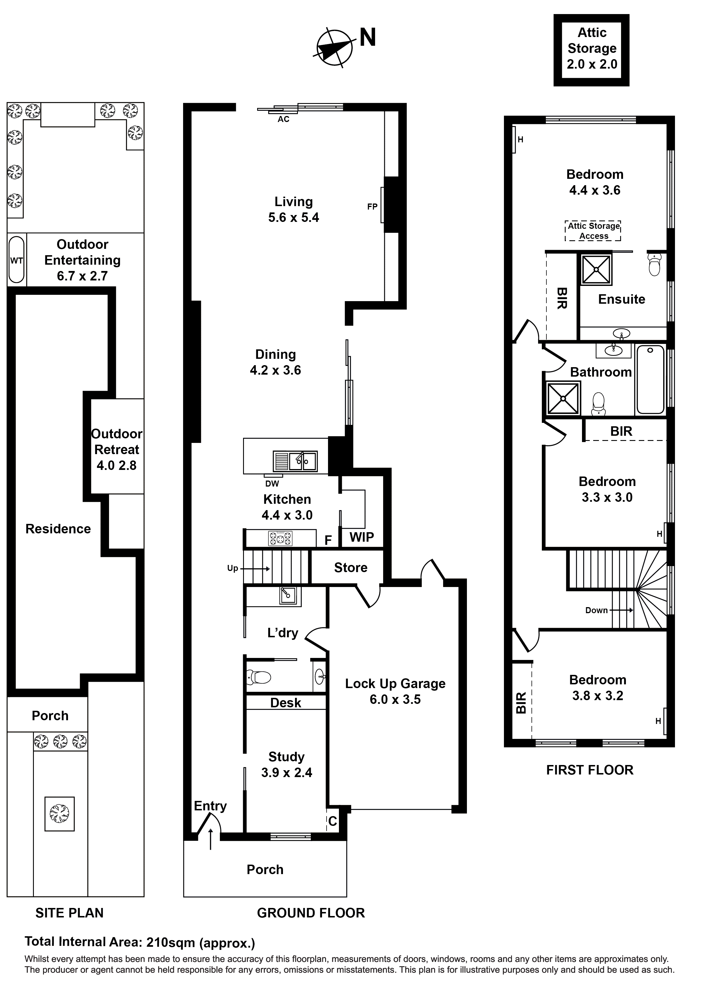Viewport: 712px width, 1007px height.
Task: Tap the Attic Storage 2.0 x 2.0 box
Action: (x=591, y=49)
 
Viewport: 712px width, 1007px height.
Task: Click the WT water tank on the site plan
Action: (x=17, y=260)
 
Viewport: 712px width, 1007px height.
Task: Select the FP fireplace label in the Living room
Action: (x=372, y=207)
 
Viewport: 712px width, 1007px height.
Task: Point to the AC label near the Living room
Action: (x=283, y=119)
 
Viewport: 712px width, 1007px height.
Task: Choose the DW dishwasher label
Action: (x=272, y=484)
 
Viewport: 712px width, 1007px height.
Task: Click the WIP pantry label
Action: (x=362, y=537)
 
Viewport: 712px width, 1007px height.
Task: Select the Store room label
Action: (x=350, y=568)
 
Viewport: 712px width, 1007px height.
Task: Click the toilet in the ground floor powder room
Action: (x=259, y=678)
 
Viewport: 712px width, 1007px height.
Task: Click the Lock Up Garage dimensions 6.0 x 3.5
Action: (x=395, y=700)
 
